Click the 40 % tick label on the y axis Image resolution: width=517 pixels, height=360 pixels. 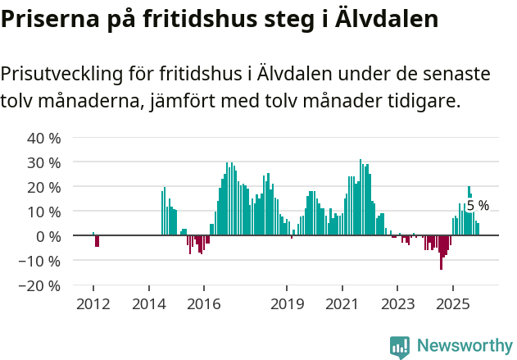tap(44, 138)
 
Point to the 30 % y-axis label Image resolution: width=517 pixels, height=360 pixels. tap(44, 162)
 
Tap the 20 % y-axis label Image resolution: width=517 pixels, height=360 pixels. tap(44, 187)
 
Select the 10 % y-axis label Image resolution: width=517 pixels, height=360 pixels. tap(44, 212)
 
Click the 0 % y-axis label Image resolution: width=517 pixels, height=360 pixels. tap(48, 236)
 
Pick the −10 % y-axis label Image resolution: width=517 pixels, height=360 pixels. tap(41, 261)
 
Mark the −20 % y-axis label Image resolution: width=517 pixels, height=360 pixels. tap(41, 286)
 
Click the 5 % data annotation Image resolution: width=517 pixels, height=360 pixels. tap(478, 206)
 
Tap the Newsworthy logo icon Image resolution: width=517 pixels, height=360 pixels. tap(400, 346)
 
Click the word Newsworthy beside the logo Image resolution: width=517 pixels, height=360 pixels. tap(464, 346)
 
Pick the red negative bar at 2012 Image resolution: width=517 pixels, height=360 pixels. tap(97, 241)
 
